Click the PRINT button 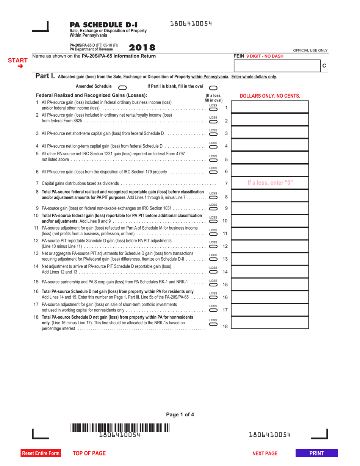tap(316, 453)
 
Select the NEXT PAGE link tap(265, 453)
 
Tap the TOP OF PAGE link tap(89, 453)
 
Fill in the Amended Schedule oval tap(123, 87)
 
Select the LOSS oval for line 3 tap(213, 134)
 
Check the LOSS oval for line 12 tap(213, 247)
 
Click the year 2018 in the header tap(142, 48)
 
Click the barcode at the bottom tap(120, 428)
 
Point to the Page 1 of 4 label tap(180, 414)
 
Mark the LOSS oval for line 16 tap(213, 297)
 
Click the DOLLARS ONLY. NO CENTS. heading tap(270, 96)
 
